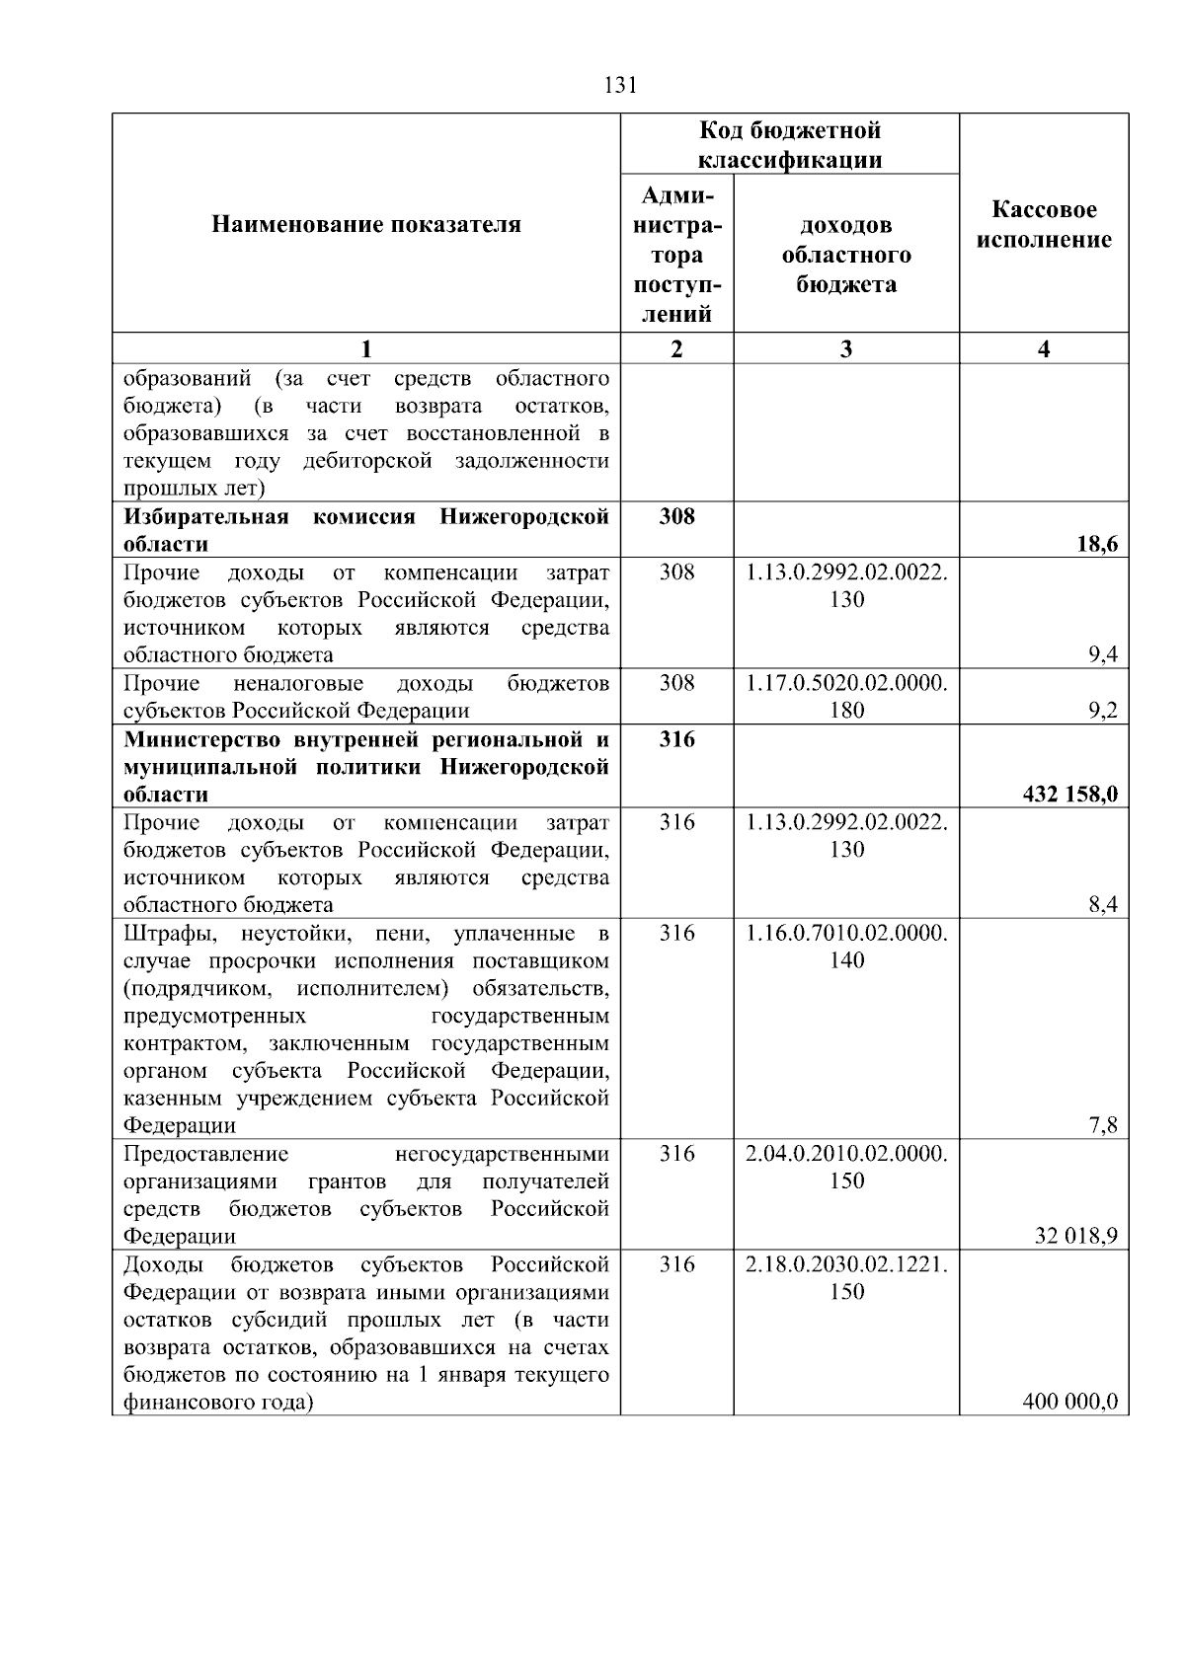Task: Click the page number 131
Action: [x=619, y=85]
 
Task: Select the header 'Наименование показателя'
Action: [x=365, y=225]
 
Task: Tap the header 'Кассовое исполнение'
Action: [x=1044, y=225]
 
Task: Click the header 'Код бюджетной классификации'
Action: [x=789, y=145]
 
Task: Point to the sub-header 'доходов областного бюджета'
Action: [x=846, y=255]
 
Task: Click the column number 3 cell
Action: [x=846, y=348]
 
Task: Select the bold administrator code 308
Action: [x=676, y=516]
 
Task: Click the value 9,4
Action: [x=1103, y=654]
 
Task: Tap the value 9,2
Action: [x=1103, y=710]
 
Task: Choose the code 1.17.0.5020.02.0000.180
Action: [x=846, y=696]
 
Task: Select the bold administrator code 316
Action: [x=676, y=739]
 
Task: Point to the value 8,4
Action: [x=1103, y=904]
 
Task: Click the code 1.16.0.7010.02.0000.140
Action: [x=846, y=947]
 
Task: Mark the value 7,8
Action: [x=1103, y=1125]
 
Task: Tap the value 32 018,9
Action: [x=1076, y=1236]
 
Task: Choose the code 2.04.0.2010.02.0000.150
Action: [x=846, y=1167]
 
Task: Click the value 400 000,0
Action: [x=1070, y=1402]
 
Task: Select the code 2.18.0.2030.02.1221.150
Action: [x=846, y=1277]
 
